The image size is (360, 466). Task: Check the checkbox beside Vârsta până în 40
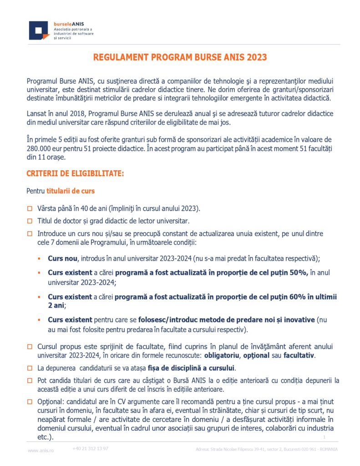point(30,209)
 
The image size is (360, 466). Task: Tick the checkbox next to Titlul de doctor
point(30,222)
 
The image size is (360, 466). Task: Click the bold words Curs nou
point(62,258)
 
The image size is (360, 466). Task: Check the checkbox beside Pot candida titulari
point(30,380)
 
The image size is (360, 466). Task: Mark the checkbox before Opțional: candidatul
point(30,401)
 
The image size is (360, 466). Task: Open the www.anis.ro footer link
point(41,451)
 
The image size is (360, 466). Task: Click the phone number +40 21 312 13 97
point(90,449)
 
